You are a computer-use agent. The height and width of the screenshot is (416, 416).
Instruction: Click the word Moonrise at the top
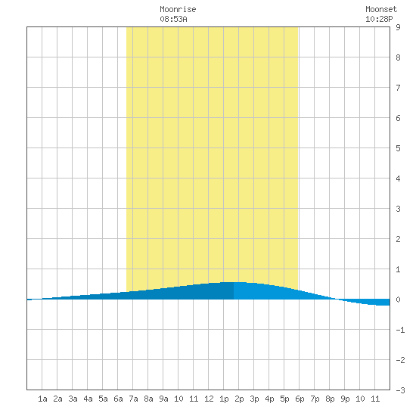click(178, 10)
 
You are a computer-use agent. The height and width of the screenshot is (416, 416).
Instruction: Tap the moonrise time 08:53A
click(173, 20)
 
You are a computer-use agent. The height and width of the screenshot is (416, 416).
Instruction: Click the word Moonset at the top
click(381, 10)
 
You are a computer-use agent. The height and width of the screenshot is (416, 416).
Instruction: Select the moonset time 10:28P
click(379, 20)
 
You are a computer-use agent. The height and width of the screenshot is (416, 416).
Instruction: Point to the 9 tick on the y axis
click(398, 27)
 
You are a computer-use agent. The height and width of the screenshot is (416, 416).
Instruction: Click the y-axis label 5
click(398, 148)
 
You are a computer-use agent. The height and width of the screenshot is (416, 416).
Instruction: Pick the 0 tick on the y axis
click(398, 300)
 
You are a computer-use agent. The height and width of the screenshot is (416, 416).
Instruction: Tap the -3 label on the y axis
click(400, 390)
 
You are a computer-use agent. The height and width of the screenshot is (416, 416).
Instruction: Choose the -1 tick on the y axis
click(400, 330)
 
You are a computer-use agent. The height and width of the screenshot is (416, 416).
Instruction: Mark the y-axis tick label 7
click(398, 88)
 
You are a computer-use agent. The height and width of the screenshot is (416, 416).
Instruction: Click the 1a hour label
click(42, 399)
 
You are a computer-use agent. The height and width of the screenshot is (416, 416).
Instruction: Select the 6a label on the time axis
click(118, 399)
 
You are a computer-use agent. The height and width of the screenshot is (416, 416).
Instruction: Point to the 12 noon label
click(209, 399)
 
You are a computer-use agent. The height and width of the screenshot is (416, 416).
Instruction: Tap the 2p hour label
click(239, 399)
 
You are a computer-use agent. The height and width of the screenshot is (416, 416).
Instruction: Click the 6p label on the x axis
click(300, 399)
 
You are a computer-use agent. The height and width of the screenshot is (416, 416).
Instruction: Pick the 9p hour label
click(345, 399)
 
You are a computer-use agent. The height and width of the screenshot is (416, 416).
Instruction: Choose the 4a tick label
click(88, 399)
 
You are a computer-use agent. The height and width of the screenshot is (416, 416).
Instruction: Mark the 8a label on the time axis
click(148, 399)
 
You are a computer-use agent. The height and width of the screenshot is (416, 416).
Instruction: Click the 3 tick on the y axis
click(398, 209)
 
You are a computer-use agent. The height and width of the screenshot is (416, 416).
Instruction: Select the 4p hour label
click(269, 399)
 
